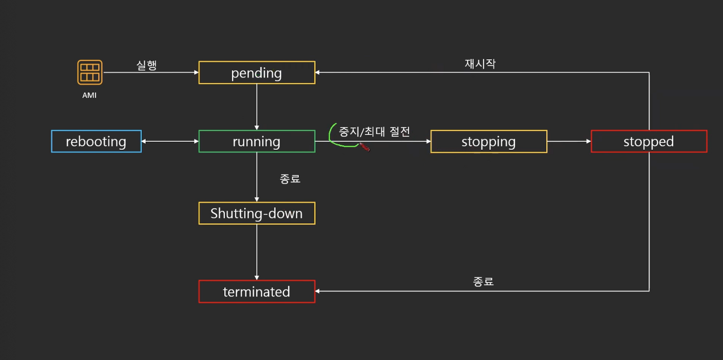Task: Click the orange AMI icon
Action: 90,72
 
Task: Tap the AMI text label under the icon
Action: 89,96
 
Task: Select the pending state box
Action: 256,73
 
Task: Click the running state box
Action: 256,141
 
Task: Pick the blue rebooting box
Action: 96,141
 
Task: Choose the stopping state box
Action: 489,141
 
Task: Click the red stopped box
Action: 648,141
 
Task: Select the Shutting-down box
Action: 256,213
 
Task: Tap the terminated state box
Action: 256,292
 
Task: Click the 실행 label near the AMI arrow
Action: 147,65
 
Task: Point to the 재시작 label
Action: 480,63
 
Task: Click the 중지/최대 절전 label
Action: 374,132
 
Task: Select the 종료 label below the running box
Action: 290,179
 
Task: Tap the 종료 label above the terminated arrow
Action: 484,281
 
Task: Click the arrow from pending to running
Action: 257,107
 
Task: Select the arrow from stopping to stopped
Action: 569,141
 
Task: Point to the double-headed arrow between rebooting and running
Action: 169,141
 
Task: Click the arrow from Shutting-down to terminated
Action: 257,252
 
